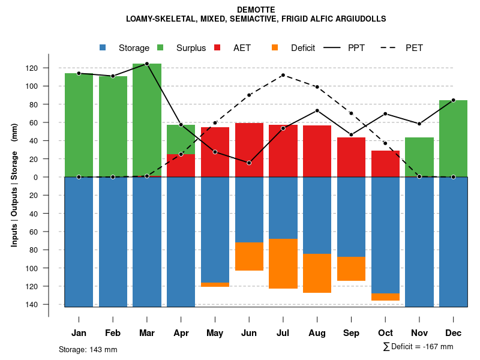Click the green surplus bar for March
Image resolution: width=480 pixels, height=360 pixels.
point(147,120)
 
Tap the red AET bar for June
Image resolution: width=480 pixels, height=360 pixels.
point(249,150)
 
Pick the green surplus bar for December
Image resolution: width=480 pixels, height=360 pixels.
point(453,139)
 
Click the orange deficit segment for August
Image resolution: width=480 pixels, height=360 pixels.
point(317,273)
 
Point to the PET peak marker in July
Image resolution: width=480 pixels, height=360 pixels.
point(283,75)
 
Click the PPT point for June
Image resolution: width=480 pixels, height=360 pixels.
point(249,163)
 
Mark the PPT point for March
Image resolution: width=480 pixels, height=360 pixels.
point(147,64)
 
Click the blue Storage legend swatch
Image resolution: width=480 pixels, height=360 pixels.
point(103,47)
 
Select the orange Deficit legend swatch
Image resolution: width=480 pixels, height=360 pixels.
point(275,47)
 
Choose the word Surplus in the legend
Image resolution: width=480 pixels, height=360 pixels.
point(191,48)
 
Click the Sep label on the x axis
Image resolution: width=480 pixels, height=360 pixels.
point(352,333)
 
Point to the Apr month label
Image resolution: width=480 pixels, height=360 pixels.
point(181,333)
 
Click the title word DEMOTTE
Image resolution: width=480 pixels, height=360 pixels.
point(256,10)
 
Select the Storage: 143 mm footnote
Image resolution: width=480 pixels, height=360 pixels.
point(88,349)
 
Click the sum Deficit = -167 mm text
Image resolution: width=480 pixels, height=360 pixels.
point(418,347)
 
